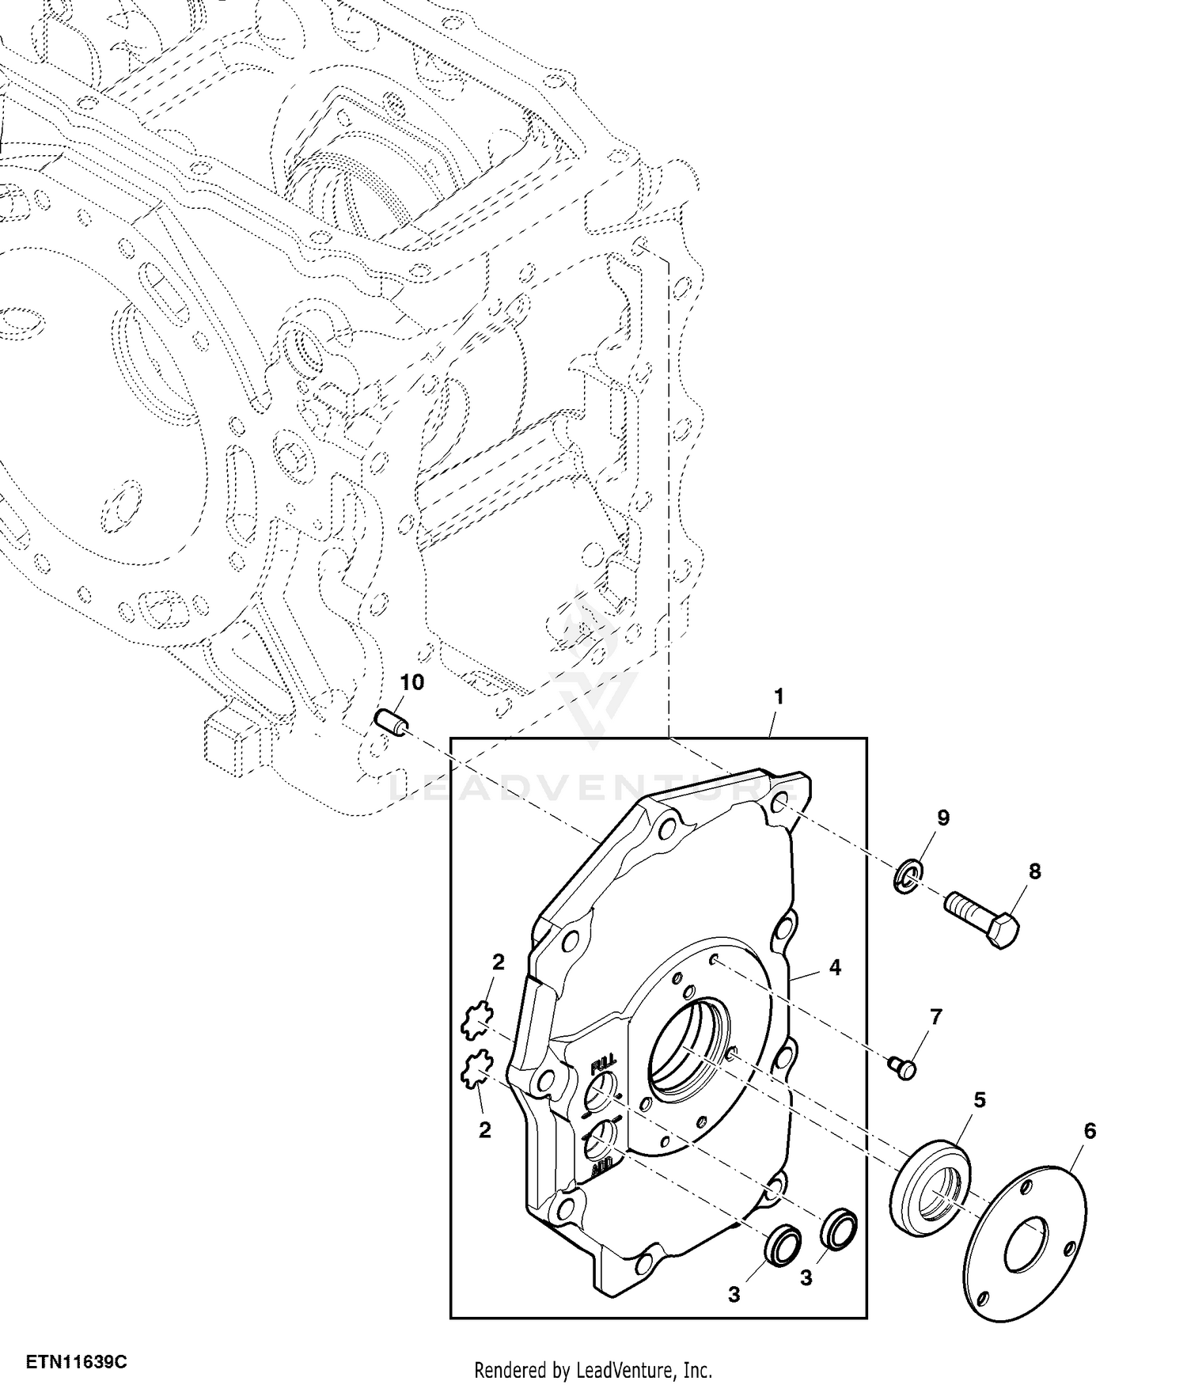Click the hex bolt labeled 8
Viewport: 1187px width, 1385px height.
pyautogui.click(x=982, y=920)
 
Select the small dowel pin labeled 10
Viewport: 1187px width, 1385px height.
pyautogui.click(x=391, y=723)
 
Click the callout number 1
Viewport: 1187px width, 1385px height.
pyautogui.click(x=779, y=697)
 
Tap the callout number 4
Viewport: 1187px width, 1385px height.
pyautogui.click(x=836, y=968)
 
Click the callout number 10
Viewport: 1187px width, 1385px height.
pyautogui.click(x=412, y=682)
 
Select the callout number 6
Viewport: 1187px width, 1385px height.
pyautogui.click(x=1090, y=1132)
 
